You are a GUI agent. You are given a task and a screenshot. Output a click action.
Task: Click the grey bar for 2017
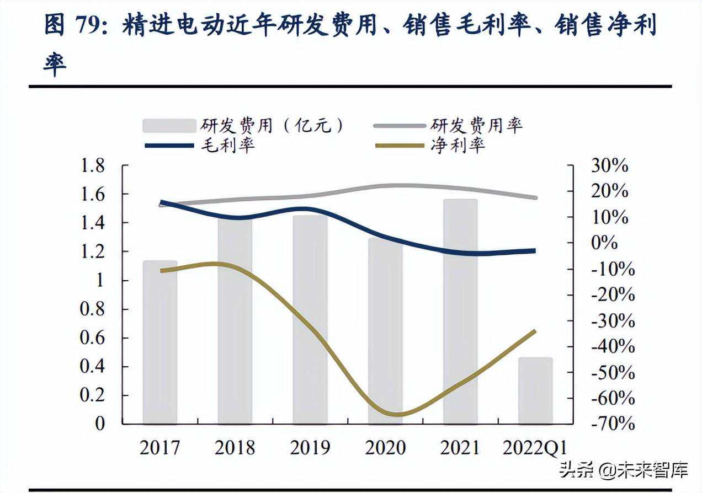pyautogui.click(x=160, y=342)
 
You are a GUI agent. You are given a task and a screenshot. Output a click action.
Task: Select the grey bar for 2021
pyautogui.click(x=460, y=312)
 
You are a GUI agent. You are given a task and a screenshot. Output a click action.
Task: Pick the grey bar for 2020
pyautogui.click(x=385, y=331)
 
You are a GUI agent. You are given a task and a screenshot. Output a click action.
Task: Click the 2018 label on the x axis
pyautogui.click(x=235, y=447)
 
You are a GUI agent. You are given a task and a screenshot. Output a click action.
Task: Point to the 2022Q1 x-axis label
pyautogui.click(x=535, y=447)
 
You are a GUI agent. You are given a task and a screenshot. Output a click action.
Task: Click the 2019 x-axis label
pyautogui.click(x=310, y=447)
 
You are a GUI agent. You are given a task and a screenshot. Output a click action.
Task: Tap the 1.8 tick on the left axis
pyautogui.click(x=92, y=165)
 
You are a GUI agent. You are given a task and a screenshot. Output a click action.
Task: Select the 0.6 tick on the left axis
pyautogui.click(x=92, y=338)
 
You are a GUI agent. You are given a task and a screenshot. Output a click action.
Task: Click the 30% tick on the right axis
pyautogui.click(x=609, y=165)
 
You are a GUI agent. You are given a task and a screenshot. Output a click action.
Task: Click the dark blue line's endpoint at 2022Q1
pyautogui.click(x=534, y=251)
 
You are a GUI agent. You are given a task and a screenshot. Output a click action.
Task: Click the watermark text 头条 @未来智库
pyautogui.click(x=624, y=470)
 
